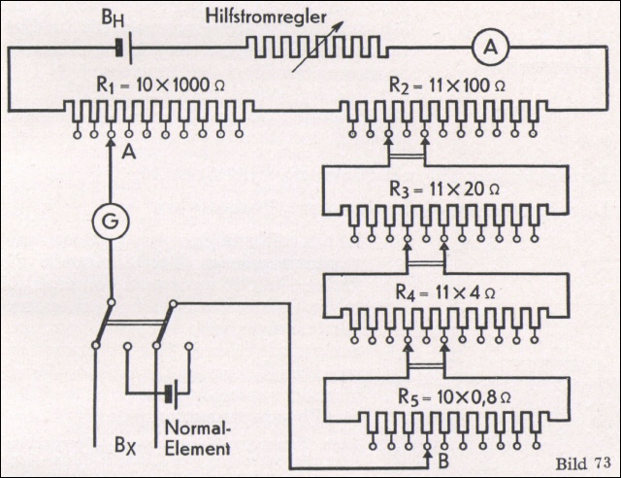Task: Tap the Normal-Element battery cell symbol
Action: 173,393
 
